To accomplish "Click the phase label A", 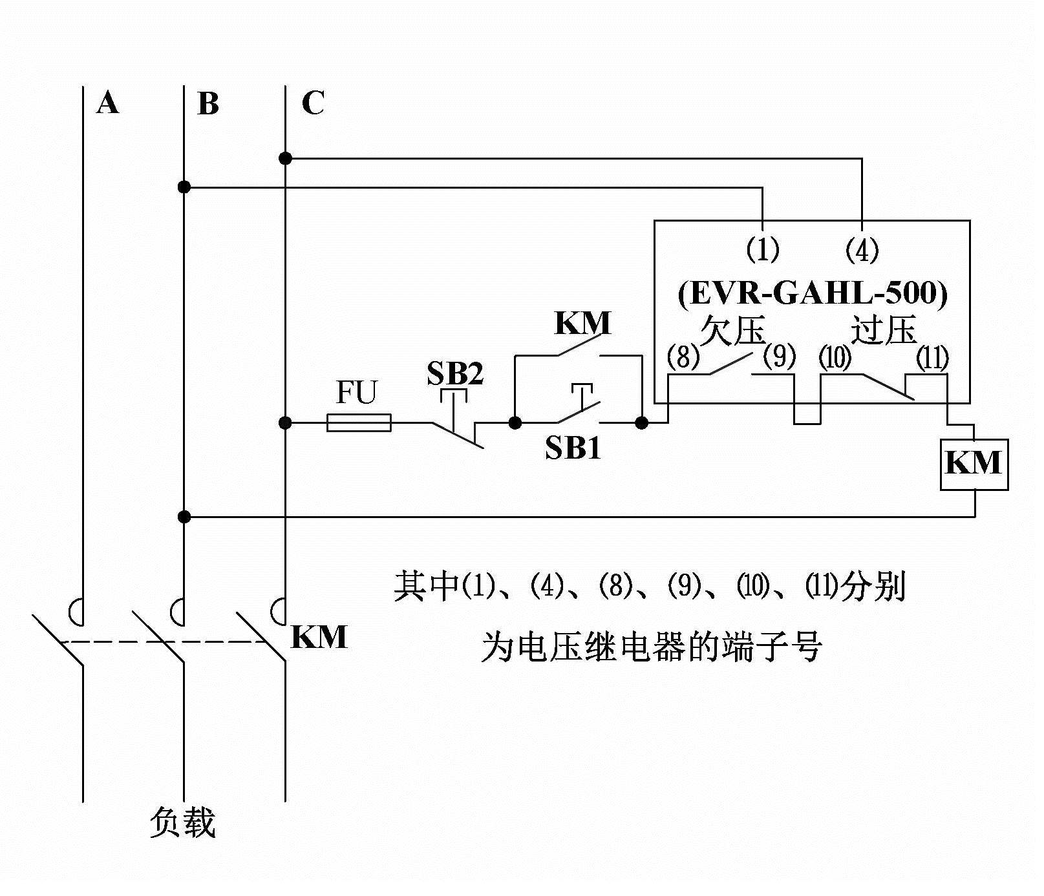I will (x=108, y=103).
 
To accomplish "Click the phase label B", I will (x=208, y=104).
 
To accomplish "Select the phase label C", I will (x=313, y=103).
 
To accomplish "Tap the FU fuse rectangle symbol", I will (x=359, y=423).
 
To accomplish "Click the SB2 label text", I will (x=455, y=373).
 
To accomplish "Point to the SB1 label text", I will (x=573, y=448).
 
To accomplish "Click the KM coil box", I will (x=974, y=464).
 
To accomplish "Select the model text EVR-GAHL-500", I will (x=813, y=293).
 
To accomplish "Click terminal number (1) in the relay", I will (x=763, y=249).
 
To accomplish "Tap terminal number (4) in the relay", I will (x=862, y=249).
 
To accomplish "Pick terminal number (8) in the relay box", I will (x=683, y=357).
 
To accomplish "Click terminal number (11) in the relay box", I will (x=932, y=357).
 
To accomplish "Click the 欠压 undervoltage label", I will (x=732, y=330).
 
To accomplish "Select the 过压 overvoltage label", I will (x=884, y=330).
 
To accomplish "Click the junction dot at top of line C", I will (x=285, y=158).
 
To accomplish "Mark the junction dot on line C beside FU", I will (x=285, y=423).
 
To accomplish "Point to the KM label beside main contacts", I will (x=319, y=637).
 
